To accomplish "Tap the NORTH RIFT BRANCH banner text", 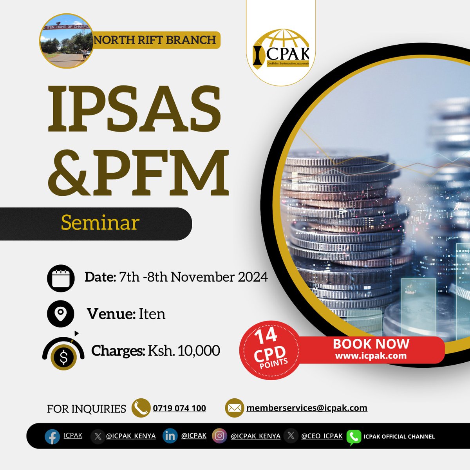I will click(155, 40).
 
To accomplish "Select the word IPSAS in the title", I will click(134, 107).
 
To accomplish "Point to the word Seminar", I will click(100, 223).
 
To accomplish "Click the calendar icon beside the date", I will click(61, 278).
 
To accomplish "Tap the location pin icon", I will click(60, 314).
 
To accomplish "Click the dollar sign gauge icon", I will click(63, 353).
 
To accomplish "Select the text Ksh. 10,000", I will click(183, 351).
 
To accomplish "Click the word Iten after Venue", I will click(152, 314).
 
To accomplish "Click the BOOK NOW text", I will click(371, 344).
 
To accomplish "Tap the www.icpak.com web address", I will click(371, 356).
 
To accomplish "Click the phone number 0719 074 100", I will click(179, 408).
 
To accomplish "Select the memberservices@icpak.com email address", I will click(307, 408).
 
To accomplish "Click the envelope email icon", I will click(234, 408).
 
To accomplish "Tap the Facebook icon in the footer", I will click(52, 436).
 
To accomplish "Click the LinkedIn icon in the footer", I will click(170, 436).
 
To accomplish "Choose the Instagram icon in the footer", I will click(220, 436).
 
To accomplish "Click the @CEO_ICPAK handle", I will click(322, 436).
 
